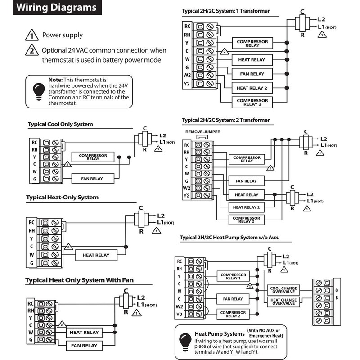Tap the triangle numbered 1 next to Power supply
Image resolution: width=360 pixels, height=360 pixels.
31,35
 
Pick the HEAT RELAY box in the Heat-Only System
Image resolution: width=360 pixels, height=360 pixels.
96,255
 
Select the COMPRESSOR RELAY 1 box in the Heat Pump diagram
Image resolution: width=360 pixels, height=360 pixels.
233,275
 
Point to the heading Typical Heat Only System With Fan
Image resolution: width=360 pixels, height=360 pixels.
79,280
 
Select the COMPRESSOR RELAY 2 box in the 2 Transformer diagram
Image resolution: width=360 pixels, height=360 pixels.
247,220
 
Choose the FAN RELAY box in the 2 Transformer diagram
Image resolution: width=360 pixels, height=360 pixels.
246,181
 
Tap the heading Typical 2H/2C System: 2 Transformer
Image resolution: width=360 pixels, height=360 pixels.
226,120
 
